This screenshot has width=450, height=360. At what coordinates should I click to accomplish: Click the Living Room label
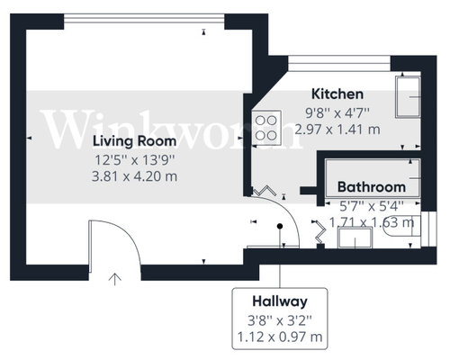(134, 141)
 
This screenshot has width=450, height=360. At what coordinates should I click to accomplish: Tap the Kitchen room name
(337, 94)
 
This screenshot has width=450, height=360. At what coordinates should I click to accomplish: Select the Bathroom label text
(372, 187)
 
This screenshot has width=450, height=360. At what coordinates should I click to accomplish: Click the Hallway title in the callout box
(280, 301)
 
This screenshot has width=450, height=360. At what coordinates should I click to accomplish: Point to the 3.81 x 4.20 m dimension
(134, 176)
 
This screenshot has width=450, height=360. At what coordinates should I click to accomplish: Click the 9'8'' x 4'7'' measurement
(337, 113)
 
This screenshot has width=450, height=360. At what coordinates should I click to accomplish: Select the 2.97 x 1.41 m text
(337, 130)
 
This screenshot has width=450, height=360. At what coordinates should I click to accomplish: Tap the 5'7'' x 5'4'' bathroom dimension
(372, 206)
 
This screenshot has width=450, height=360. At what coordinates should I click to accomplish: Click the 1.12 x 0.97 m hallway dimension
(280, 337)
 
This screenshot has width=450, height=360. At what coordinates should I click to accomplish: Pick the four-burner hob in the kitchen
(266, 128)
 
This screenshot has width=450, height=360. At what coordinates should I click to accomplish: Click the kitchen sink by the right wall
(408, 97)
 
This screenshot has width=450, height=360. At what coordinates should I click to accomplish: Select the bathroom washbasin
(355, 238)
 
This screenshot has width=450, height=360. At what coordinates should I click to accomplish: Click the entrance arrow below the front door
(115, 279)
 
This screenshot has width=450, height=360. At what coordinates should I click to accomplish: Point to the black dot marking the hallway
(280, 226)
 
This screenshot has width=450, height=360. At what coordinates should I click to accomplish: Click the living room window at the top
(144, 19)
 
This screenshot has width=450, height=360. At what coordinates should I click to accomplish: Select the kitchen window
(339, 64)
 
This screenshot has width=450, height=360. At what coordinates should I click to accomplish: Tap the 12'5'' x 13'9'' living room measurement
(134, 160)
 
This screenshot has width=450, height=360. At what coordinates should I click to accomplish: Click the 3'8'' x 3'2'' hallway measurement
(280, 320)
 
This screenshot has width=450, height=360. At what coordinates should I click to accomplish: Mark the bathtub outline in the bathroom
(373, 177)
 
